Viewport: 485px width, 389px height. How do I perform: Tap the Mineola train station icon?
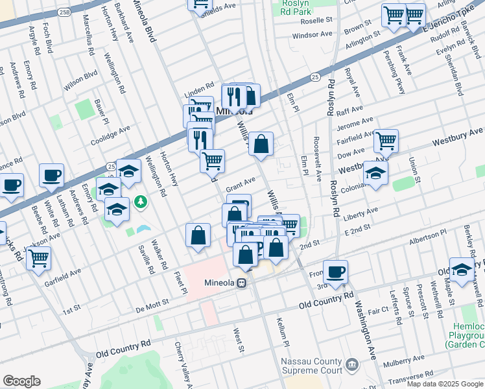tap(241, 283)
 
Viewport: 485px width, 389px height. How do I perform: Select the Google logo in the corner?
tap(21, 381)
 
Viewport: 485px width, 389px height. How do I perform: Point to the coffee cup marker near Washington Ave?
tap(335, 272)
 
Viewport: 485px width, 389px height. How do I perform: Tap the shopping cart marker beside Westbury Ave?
tap(385, 139)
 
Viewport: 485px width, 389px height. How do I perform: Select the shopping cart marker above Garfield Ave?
tap(39, 257)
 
